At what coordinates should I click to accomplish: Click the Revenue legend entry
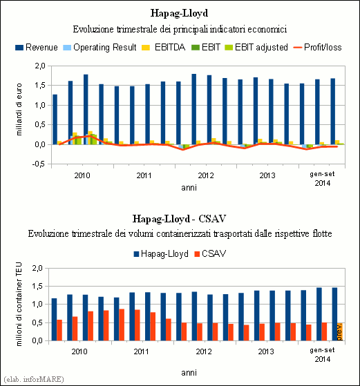pos(37,47)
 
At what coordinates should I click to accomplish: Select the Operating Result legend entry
pos(100,47)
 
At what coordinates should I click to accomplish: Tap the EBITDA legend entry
pos(164,47)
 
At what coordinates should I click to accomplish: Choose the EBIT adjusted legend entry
pos(256,47)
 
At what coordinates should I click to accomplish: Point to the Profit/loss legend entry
pos(318,47)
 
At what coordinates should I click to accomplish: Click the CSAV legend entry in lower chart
pos(210,254)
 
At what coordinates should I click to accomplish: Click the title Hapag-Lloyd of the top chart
pos(180,13)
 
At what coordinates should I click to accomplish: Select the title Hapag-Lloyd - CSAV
pos(179,219)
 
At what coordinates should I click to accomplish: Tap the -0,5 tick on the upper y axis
pos(39,164)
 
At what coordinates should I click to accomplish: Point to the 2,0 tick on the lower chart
pos(37,268)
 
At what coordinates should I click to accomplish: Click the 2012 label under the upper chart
pos(206,176)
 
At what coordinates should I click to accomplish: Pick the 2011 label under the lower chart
pos(142,351)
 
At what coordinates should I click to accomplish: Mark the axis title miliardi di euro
pos(19,109)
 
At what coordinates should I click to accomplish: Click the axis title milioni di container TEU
pos(19,305)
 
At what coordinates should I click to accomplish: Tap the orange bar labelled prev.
pos(340,332)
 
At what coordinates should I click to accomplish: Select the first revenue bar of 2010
pos(55,119)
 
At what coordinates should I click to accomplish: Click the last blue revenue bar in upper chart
pos(332,111)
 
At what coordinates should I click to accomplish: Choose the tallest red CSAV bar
pos(122,325)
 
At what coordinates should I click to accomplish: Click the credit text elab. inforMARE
pos(34,379)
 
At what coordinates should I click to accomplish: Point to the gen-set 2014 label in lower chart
pos(322,354)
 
